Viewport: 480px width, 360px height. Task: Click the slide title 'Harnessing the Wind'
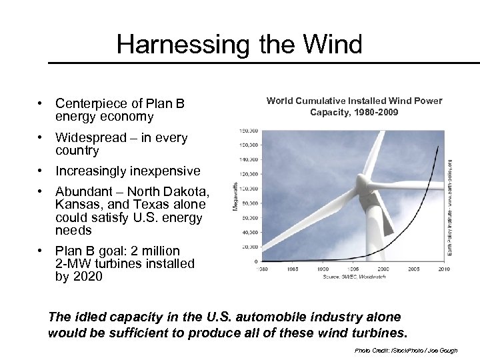tap(239, 45)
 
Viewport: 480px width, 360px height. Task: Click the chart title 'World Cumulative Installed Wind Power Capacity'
tap(354, 107)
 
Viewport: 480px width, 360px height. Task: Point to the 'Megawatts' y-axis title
tap(235, 197)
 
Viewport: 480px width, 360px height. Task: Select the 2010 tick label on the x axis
tap(443, 269)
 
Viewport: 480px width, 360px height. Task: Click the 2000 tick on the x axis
tap(383, 269)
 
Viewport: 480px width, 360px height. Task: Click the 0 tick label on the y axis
tap(255, 261)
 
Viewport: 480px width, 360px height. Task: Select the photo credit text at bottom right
tap(406, 351)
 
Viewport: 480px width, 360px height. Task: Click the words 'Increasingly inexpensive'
tap(127, 171)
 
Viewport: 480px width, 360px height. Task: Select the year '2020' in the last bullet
tap(88, 276)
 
